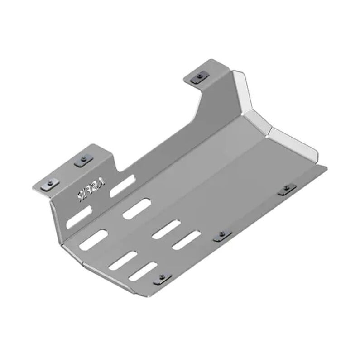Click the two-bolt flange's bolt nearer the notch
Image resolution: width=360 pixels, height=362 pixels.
tap(83, 160)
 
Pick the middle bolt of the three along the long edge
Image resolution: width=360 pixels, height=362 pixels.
tap(221, 234)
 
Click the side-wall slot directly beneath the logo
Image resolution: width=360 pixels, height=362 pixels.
tap(79, 216)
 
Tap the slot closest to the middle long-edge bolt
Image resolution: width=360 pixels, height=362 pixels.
tap(186, 240)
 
